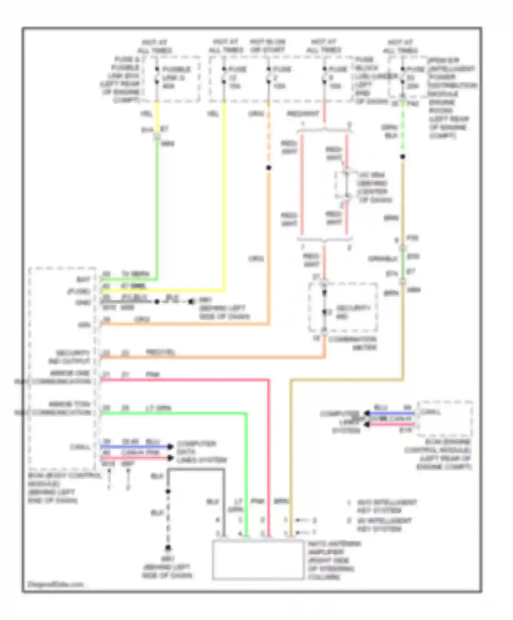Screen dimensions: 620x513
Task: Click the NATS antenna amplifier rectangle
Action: (x=258, y=560)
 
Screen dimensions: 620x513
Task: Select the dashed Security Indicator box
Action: (x=343, y=307)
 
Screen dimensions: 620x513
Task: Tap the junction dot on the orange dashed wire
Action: (x=269, y=167)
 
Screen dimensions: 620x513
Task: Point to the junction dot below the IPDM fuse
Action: (x=403, y=157)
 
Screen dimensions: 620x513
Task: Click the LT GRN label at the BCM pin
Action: (x=158, y=408)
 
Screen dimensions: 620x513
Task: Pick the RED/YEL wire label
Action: (x=160, y=352)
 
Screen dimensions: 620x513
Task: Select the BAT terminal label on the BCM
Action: (x=83, y=280)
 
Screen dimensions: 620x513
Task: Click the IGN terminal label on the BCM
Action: (x=84, y=325)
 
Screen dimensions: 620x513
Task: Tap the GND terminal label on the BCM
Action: (x=83, y=302)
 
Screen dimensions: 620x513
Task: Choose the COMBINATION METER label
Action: (x=352, y=343)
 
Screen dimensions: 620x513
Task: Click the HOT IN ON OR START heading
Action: (x=267, y=46)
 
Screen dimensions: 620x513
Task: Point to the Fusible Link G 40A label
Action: (x=176, y=78)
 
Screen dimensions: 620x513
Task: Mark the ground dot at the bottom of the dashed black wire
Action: (x=168, y=548)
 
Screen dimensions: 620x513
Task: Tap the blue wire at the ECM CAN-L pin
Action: (x=392, y=413)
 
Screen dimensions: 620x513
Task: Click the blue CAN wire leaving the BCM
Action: (x=135, y=447)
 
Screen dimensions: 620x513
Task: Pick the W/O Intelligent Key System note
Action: (x=386, y=507)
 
